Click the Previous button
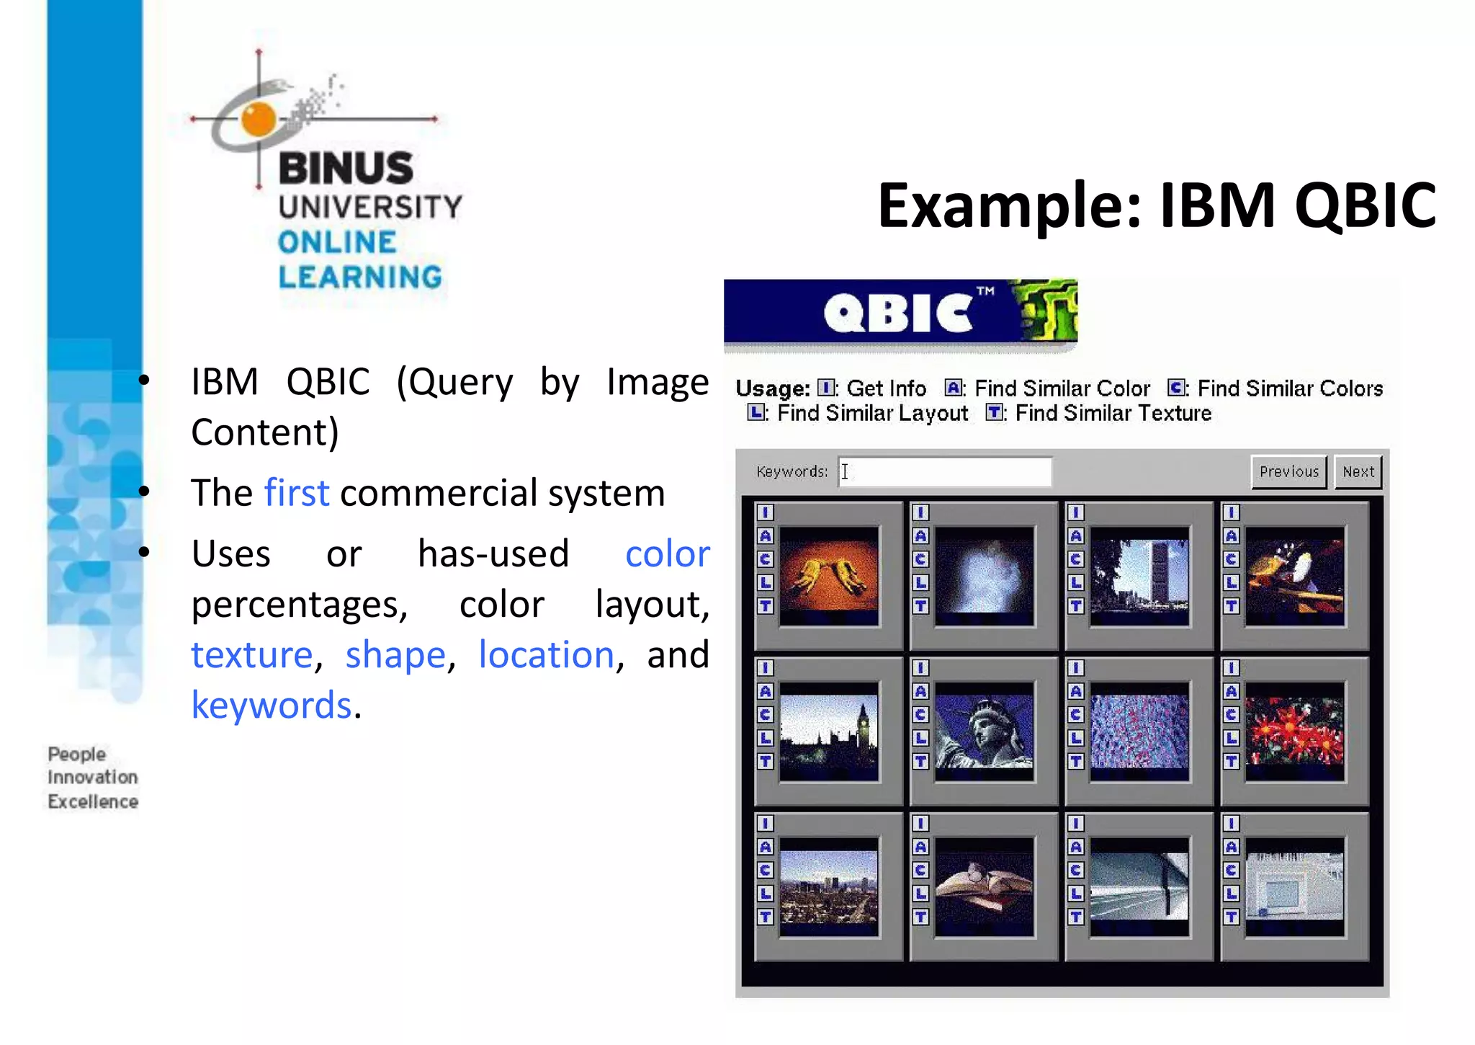pos(1288,472)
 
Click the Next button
pos(1358,472)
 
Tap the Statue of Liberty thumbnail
pos(984,731)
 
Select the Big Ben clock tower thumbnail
pos(829,731)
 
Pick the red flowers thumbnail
pos(1294,731)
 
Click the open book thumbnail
pos(984,886)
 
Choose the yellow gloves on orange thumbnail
pos(829,576)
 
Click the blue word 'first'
pos(297,494)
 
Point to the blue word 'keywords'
pos(272,706)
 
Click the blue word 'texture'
pos(251,655)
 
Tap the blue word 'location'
pos(546,655)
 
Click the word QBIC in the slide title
pos(1365,206)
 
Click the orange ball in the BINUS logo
pos(258,119)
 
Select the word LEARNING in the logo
pos(360,277)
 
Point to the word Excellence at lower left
pos(93,801)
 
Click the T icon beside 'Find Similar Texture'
pos(994,413)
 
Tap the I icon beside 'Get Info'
pos(825,388)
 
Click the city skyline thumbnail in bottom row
pos(829,886)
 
